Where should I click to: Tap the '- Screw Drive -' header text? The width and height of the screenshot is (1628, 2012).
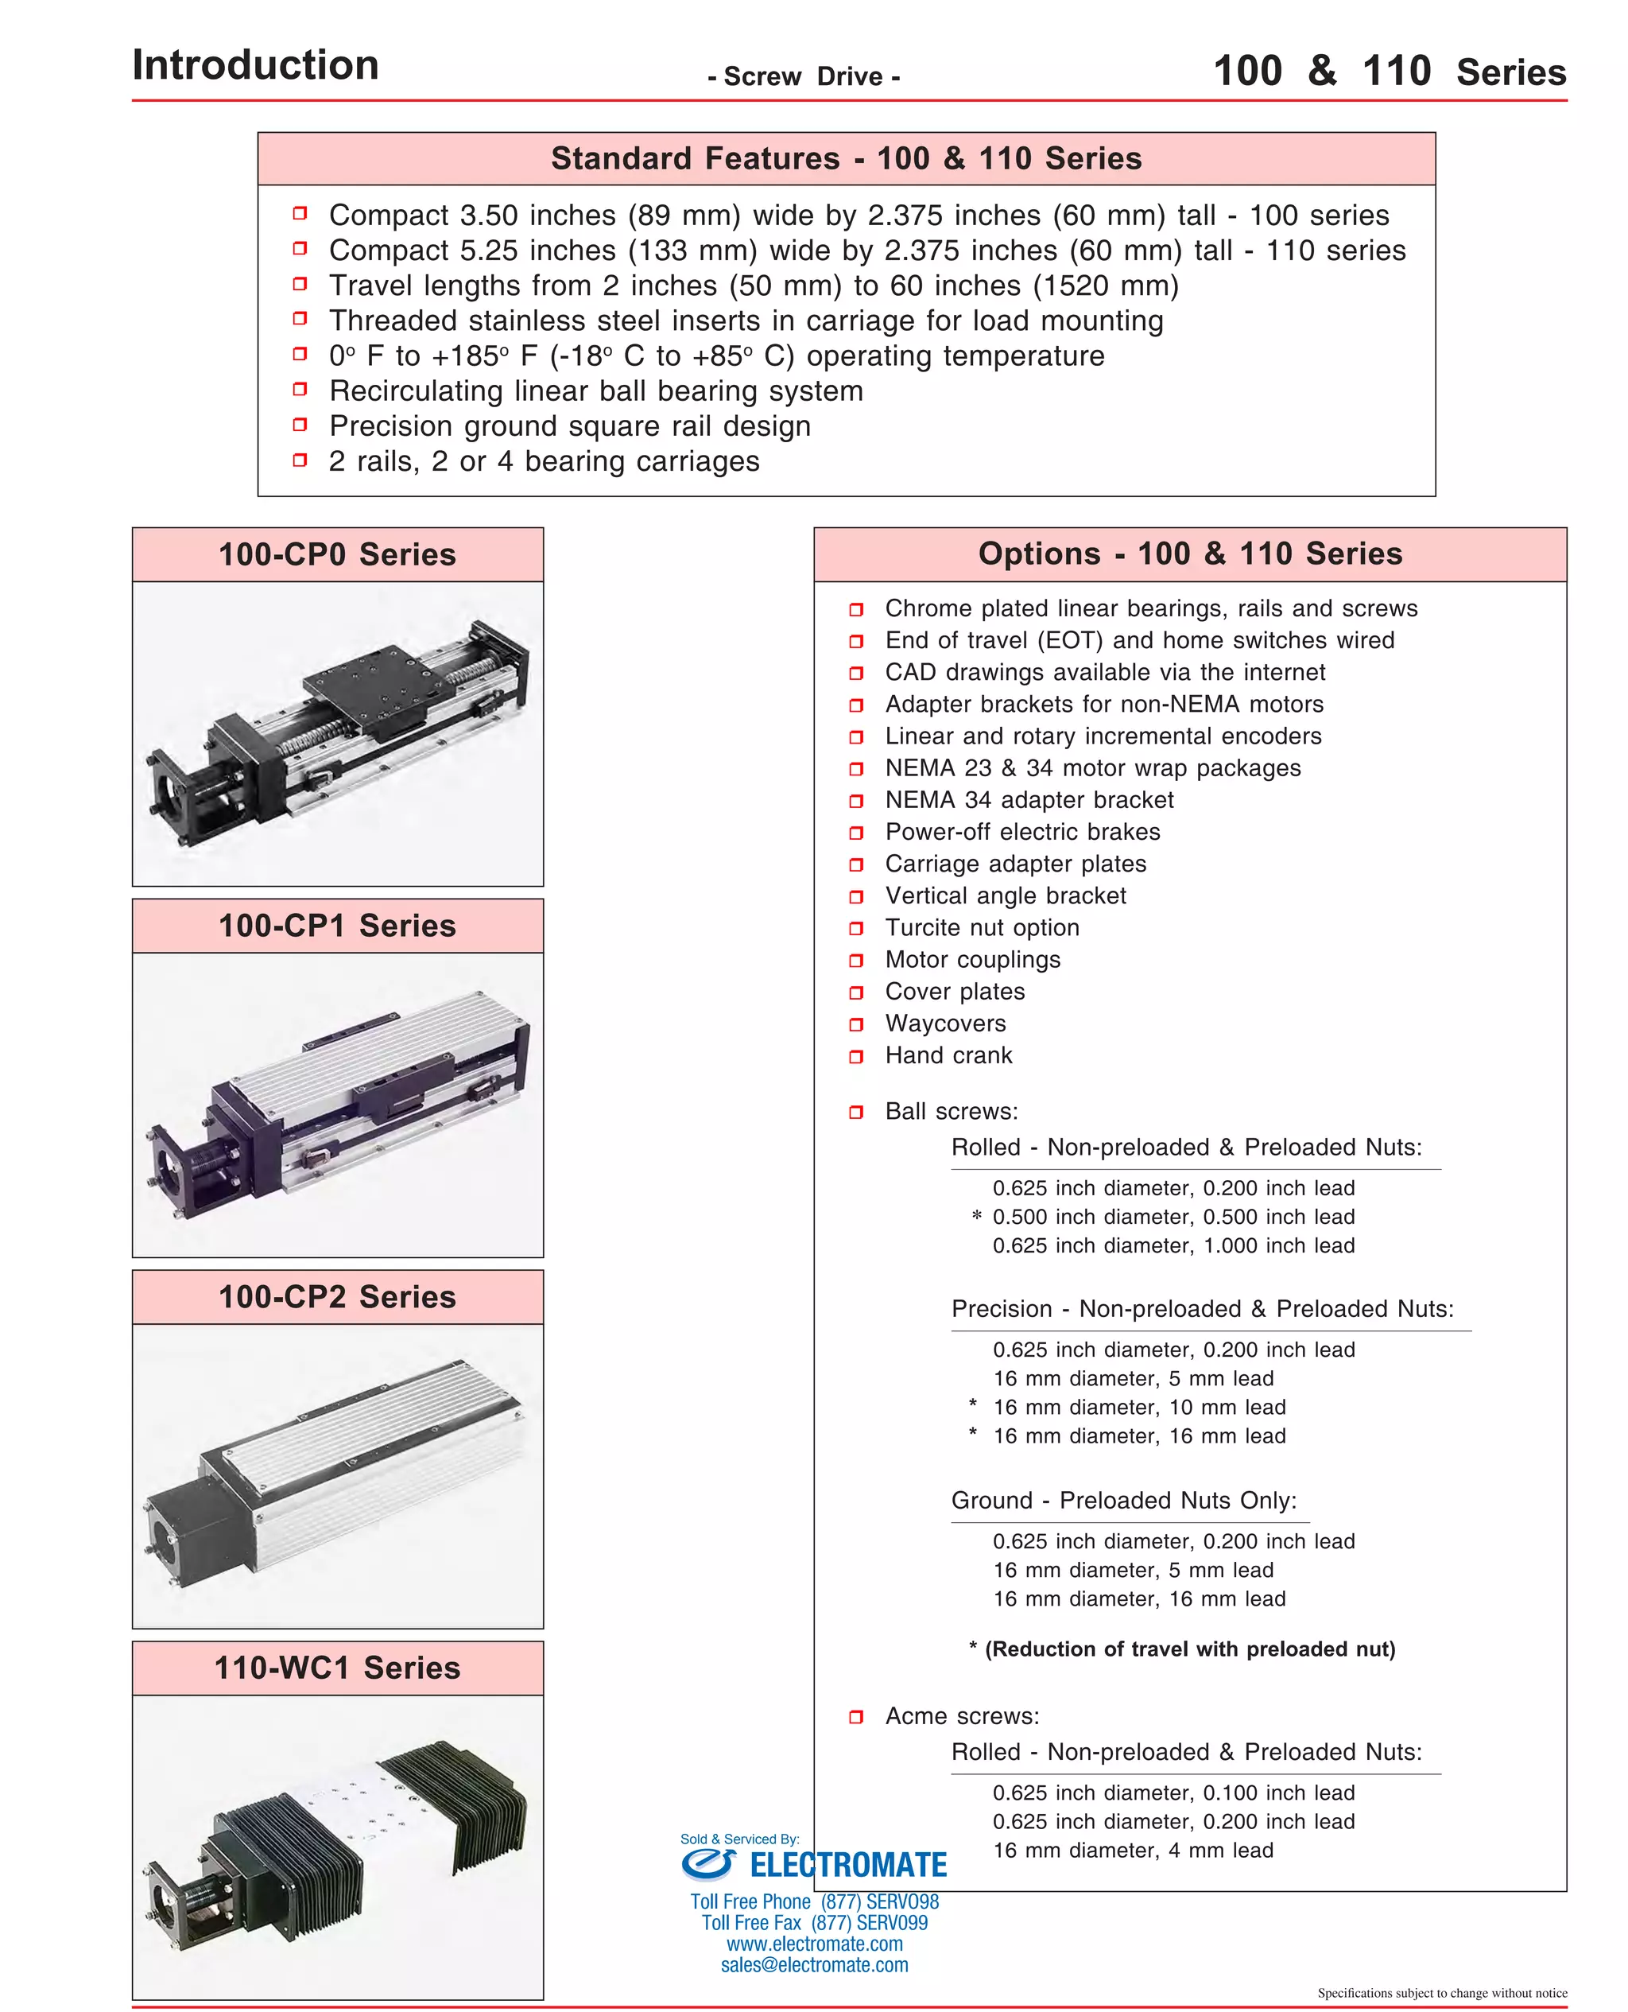coord(804,77)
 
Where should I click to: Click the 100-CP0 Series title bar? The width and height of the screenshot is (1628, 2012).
coord(338,554)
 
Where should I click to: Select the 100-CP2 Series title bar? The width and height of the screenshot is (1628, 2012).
coord(338,1296)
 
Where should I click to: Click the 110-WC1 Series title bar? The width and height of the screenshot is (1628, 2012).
coord(338,1667)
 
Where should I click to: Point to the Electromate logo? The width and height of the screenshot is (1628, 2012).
coord(814,1865)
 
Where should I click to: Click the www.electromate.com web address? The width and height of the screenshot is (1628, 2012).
coord(814,1944)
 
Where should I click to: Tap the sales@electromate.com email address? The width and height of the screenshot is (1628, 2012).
coord(814,1965)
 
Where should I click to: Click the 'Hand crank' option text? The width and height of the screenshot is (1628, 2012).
coord(948,1055)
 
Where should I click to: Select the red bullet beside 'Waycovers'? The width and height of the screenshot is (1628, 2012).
coord(855,1024)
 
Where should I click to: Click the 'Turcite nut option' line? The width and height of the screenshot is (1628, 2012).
coord(982,928)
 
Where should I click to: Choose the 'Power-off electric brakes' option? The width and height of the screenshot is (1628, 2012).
coord(1022,832)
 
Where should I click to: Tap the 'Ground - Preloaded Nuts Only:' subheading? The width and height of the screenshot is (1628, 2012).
coord(1123,1500)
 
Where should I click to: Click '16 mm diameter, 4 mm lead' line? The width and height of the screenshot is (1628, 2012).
coord(1133,1850)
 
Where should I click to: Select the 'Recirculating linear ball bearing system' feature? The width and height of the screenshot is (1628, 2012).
coord(595,391)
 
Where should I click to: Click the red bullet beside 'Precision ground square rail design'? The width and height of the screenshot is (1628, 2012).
coord(300,425)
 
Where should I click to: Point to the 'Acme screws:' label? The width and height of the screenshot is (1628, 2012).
coord(961,1715)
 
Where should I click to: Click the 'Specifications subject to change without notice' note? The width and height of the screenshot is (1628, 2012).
coord(1441,1992)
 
